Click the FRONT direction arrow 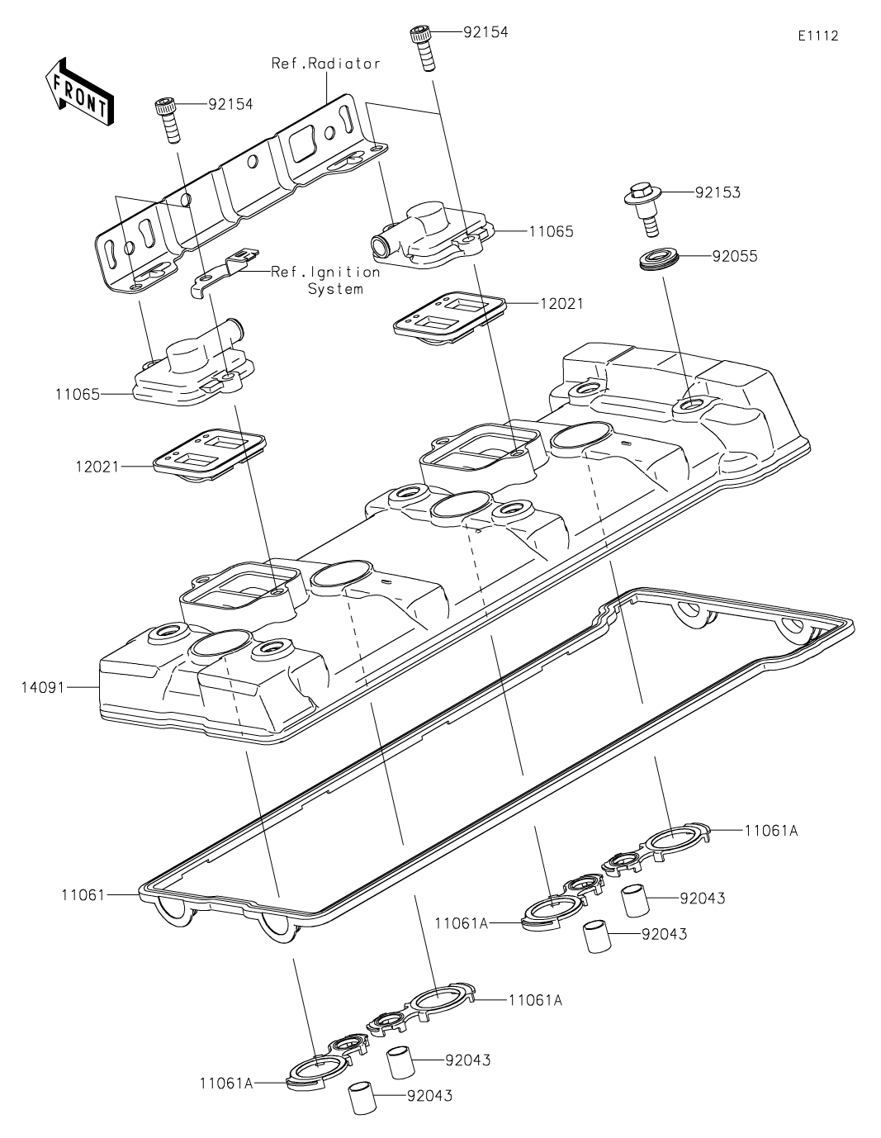tap(79, 91)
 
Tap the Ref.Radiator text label tap(326, 64)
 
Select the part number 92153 tap(718, 192)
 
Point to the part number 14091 tap(44, 686)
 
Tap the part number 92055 tap(734, 256)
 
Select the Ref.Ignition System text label tap(326, 280)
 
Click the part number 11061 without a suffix tap(83, 893)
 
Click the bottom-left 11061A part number tap(225, 1083)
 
